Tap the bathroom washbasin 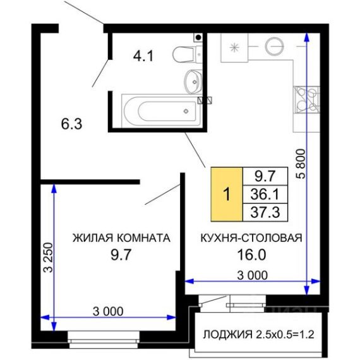193,81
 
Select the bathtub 162,111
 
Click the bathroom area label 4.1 143,56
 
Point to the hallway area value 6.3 71,124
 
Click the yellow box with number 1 227,195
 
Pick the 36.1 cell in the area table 265,195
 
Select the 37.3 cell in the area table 265,212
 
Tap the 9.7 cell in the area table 265,176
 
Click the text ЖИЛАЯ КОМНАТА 121,238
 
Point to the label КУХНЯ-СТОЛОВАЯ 251,238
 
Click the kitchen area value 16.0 251,255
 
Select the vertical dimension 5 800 301,164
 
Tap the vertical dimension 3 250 49,258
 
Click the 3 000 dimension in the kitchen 253,275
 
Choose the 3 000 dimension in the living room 108,311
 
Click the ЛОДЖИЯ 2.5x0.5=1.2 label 259,335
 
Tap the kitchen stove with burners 306,100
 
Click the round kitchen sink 274,46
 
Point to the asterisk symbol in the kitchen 234,47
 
